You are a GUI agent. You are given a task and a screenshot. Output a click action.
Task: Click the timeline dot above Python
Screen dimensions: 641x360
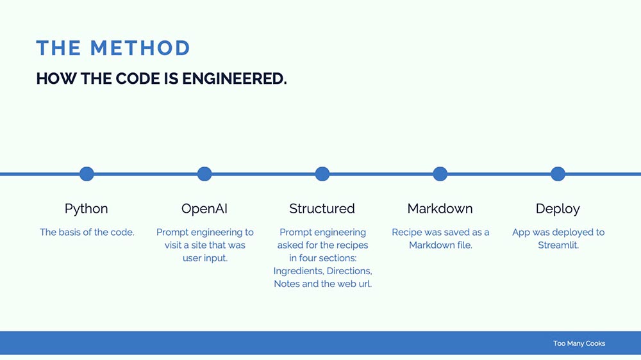pyautogui.click(x=87, y=174)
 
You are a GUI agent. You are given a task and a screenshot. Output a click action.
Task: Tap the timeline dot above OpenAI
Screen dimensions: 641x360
pyautogui.click(x=204, y=174)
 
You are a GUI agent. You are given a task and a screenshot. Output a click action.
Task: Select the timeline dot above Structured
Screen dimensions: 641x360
pyautogui.click(x=322, y=174)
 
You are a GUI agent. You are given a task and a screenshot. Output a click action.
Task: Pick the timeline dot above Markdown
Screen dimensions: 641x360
pyautogui.click(x=440, y=174)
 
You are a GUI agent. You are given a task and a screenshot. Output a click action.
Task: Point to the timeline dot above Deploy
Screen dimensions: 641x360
pyautogui.click(x=558, y=174)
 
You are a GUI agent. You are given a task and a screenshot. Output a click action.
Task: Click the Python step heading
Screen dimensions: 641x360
pyautogui.click(x=87, y=209)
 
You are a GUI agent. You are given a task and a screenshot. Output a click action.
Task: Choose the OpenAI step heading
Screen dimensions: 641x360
pyautogui.click(x=204, y=209)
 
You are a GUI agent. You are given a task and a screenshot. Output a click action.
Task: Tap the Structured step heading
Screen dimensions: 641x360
pyautogui.click(x=322, y=209)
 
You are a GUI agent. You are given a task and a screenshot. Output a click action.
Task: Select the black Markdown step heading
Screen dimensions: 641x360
pyautogui.click(x=440, y=209)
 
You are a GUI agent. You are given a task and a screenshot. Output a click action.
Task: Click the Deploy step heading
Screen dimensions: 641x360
pyautogui.click(x=558, y=209)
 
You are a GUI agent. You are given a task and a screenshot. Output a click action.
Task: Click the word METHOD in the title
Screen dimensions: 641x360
pyautogui.click(x=140, y=48)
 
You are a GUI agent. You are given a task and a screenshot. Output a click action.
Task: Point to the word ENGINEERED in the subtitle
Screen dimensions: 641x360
pyautogui.click(x=234, y=78)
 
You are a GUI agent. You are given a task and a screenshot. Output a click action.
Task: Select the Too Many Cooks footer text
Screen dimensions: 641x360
pyautogui.click(x=579, y=343)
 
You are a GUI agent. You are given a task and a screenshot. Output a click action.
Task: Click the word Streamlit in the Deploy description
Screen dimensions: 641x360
pyautogui.click(x=558, y=245)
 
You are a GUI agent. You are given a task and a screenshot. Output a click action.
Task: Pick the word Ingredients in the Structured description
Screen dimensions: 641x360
pyautogui.click(x=299, y=271)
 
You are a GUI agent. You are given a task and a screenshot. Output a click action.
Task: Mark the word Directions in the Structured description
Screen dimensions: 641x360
pyautogui.click(x=349, y=271)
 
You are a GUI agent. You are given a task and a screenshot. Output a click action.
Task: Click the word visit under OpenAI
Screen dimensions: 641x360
pyautogui.click(x=172, y=245)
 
